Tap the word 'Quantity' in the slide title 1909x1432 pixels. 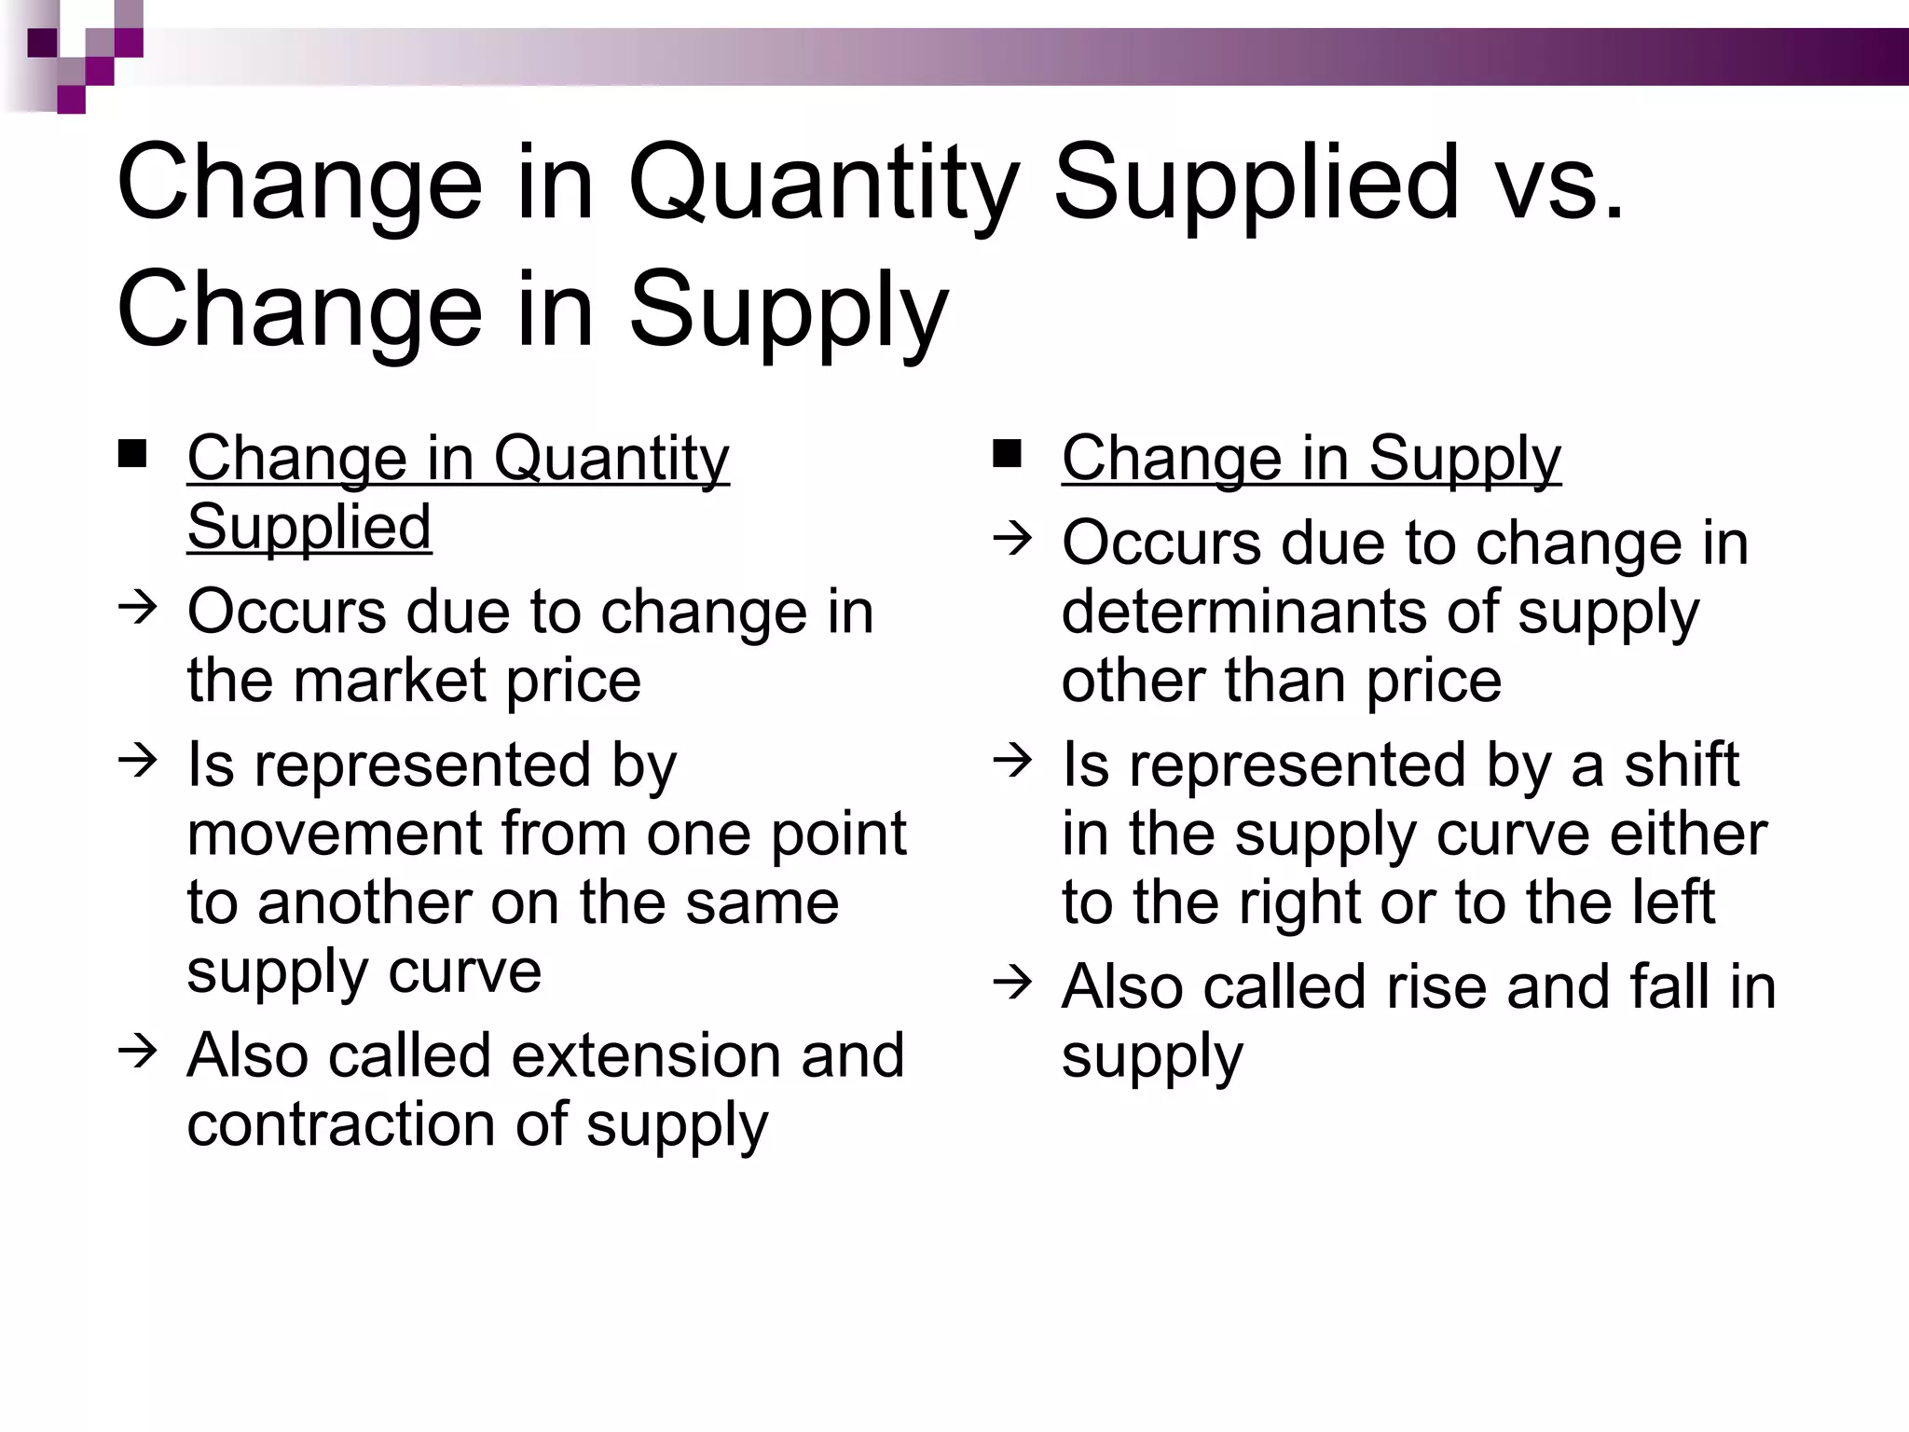(823, 184)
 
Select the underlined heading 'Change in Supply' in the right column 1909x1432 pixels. (1311, 459)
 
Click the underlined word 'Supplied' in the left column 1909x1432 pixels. (309, 528)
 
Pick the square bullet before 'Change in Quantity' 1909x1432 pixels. (132, 453)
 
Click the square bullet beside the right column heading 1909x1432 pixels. (1008, 453)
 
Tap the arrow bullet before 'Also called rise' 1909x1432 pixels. (1012, 983)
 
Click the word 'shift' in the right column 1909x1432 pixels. (1681, 765)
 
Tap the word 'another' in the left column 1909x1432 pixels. (364, 903)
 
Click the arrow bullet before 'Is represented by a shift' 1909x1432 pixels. (1012, 761)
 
